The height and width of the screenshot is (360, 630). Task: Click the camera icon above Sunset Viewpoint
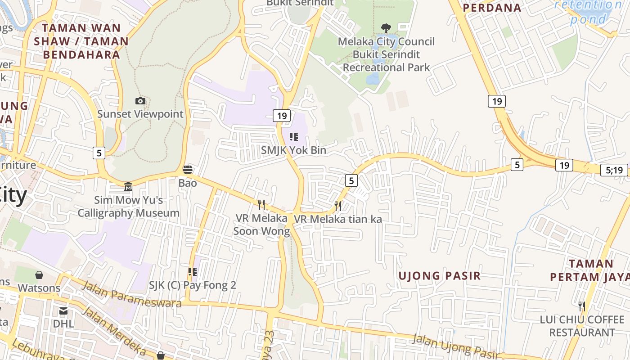[x=140, y=101]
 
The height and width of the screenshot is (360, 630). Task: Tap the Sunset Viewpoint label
[x=140, y=114]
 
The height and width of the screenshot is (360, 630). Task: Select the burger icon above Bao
[x=188, y=170]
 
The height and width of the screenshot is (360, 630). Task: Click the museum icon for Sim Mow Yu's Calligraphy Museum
[x=128, y=186]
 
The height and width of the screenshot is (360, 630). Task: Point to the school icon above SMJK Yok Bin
[x=293, y=136]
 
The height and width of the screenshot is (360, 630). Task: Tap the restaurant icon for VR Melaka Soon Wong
[x=261, y=205]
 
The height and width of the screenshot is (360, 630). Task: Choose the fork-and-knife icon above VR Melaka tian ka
[x=338, y=206]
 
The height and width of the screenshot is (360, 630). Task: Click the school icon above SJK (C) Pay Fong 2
[x=192, y=272]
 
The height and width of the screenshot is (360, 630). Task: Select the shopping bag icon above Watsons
[x=39, y=274]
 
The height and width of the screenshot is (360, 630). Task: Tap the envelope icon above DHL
[x=63, y=311]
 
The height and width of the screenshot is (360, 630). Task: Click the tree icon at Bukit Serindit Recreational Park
[x=386, y=28]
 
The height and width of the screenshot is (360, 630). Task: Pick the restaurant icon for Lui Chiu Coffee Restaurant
[x=582, y=306]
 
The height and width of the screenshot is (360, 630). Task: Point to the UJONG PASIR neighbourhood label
[x=440, y=276]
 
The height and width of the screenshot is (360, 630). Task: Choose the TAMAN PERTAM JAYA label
[x=589, y=270]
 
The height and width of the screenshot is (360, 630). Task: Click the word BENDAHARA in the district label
[x=81, y=55]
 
